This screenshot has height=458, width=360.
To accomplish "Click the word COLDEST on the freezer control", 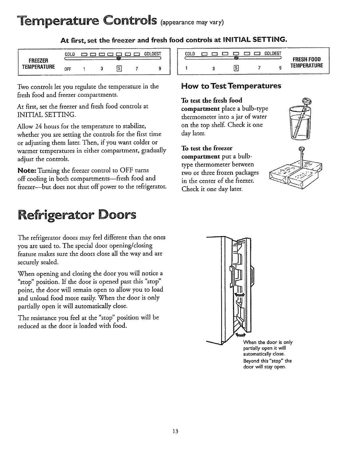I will point(152,54).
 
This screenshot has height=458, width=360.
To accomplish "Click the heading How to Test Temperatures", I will point(231,86).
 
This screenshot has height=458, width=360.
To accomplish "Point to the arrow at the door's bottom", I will point(240,335).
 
